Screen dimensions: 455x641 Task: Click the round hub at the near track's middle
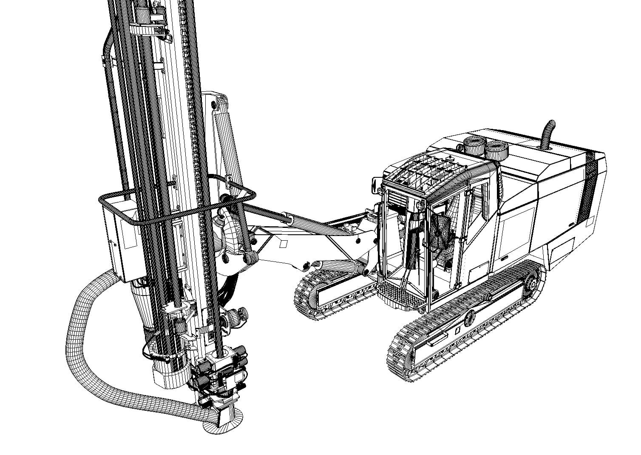pos(469,317)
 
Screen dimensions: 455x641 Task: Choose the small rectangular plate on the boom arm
pos(283,244)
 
